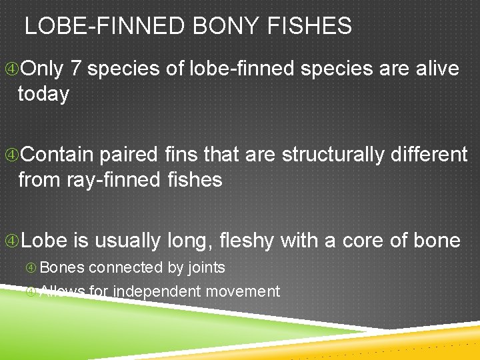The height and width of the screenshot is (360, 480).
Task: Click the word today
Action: point(43,94)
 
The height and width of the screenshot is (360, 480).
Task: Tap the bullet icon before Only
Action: point(11,69)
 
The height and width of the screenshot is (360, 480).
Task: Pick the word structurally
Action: point(331,155)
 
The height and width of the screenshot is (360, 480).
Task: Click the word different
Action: point(427,155)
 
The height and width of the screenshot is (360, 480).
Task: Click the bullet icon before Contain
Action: point(11,155)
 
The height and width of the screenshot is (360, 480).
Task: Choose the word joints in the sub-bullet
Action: point(206,267)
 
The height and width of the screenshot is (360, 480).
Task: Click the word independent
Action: point(157,291)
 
